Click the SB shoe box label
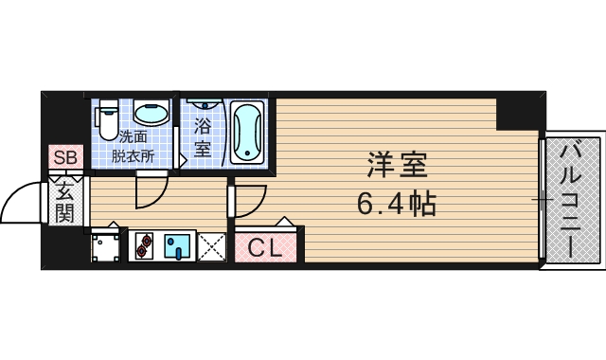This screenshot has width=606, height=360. pyautogui.click(x=65, y=158)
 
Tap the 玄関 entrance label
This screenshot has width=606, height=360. pyautogui.click(x=64, y=201)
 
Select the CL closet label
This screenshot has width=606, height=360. pyautogui.click(x=266, y=248)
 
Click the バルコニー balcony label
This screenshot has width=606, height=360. pyautogui.click(x=572, y=199)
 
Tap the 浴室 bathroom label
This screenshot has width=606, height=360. pyautogui.click(x=203, y=137)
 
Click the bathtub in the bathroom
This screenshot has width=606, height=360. pyautogui.click(x=246, y=132)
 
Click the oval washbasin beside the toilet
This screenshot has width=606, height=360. pyautogui.click(x=151, y=115)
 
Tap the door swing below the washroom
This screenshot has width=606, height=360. pyautogui.click(x=150, y=192)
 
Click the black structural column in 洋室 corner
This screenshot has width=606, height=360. pyautogui.click(x=520, y=113)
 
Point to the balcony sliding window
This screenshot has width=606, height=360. pyautogui.click(x=543, y=199)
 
